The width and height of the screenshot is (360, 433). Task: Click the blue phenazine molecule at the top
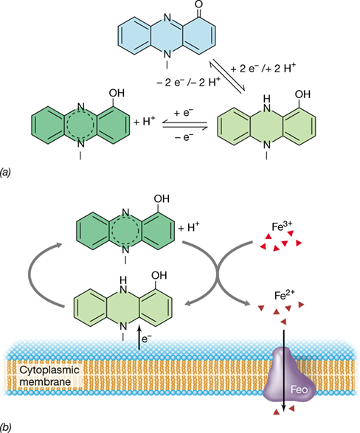point(167,35)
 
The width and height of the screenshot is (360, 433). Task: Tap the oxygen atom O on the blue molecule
point(199,4)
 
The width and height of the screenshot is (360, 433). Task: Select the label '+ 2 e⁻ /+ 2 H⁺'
point(263,68)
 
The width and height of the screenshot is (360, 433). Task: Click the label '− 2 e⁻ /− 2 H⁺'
point(189,82)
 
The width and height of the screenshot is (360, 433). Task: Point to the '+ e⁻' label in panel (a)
point(184,113)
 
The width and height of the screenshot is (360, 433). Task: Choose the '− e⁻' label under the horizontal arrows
point(184,136)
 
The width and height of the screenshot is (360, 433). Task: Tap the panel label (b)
point(5,427)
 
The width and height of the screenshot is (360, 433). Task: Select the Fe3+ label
point(282,226)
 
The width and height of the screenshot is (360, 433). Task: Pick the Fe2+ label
point(285,296)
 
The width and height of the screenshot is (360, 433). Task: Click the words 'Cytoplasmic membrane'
point(49,376)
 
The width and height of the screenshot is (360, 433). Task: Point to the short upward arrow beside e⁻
point(139,337)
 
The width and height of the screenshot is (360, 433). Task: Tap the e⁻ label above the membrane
point(147,339)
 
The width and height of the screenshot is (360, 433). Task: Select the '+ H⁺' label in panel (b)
point(189,228)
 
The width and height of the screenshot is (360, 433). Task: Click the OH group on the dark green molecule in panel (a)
point(117,93)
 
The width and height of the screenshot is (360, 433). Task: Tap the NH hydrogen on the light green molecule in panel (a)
point(266,98)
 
